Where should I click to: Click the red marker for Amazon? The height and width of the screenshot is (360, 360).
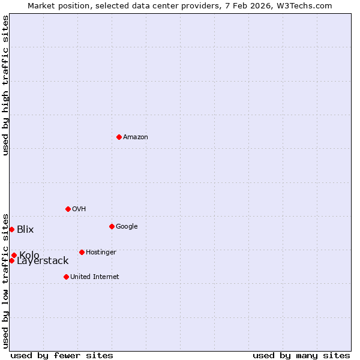(x=119, y=137)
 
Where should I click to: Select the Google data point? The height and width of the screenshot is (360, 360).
(x=112, y=226)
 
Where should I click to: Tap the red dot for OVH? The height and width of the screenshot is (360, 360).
(x=68, y=209)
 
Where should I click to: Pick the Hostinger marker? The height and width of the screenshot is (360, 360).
(x=82, y=252)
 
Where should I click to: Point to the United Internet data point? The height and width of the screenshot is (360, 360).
(x=66, y=277)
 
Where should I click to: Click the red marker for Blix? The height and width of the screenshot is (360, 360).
(x=11, y=229)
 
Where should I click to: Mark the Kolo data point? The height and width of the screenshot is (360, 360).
(x=14, y=255)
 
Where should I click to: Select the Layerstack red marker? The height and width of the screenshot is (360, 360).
(x=11, y=260)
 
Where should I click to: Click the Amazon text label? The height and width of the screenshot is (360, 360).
(x=136, y=137)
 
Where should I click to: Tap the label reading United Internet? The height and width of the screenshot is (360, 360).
(x=95, y=277)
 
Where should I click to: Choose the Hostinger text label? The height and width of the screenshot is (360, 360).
(x=101, y=253)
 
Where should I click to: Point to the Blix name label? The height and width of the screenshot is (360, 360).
(x=25, y=230)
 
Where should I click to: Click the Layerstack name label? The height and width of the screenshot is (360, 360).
(x=43, y=261)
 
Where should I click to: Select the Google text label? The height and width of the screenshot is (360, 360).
(x=127, y=227)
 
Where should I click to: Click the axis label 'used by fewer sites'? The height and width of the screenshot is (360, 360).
(x=62, y=356)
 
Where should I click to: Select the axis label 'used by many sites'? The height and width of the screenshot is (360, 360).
(x=301, y=356)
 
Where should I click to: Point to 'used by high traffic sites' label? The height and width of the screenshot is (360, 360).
(x=5, y=85)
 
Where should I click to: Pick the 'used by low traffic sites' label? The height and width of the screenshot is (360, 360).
(x=5, y=280)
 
